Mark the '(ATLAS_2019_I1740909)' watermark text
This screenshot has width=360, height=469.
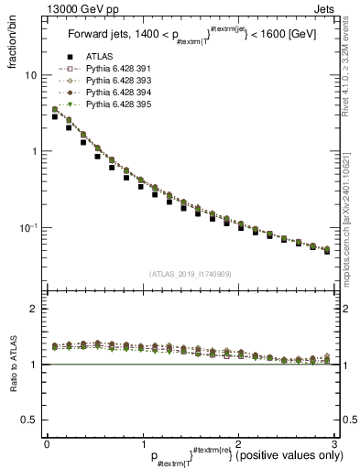point(190,274)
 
